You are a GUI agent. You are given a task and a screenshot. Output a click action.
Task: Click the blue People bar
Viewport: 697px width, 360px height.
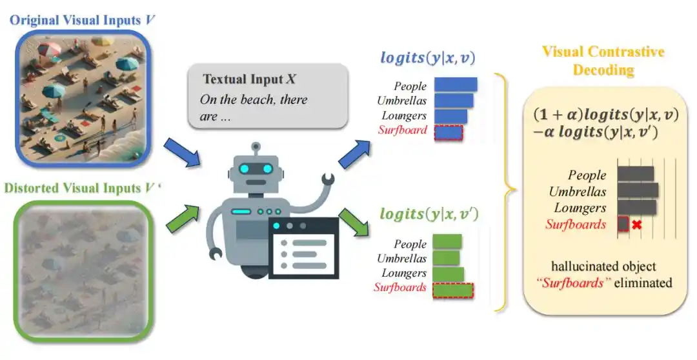(456, 85)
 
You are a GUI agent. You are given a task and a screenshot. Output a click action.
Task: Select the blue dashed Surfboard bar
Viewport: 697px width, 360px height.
(449, 133)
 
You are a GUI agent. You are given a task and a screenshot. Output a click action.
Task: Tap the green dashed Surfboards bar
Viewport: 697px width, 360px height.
(453, 290)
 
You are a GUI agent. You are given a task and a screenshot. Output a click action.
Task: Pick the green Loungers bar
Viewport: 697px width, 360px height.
(448, 274)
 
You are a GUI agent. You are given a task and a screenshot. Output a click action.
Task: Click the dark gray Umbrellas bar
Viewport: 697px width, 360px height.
(638, 191)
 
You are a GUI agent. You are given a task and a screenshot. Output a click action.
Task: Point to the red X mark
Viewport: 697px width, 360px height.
(636, 225)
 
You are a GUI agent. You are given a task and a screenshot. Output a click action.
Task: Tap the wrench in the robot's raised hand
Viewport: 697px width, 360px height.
(328, 179)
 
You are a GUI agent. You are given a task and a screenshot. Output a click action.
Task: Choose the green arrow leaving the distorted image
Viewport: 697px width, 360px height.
(183, 218)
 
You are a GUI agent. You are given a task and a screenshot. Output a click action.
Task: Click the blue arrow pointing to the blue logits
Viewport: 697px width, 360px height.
(355, 154)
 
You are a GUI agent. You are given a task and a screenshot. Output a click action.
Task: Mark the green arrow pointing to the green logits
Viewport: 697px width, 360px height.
(354, 221)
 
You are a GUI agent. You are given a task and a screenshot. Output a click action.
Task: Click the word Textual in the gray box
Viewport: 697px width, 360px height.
(225, 79)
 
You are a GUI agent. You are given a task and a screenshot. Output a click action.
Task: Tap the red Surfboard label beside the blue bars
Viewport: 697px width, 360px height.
(402, 130)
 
